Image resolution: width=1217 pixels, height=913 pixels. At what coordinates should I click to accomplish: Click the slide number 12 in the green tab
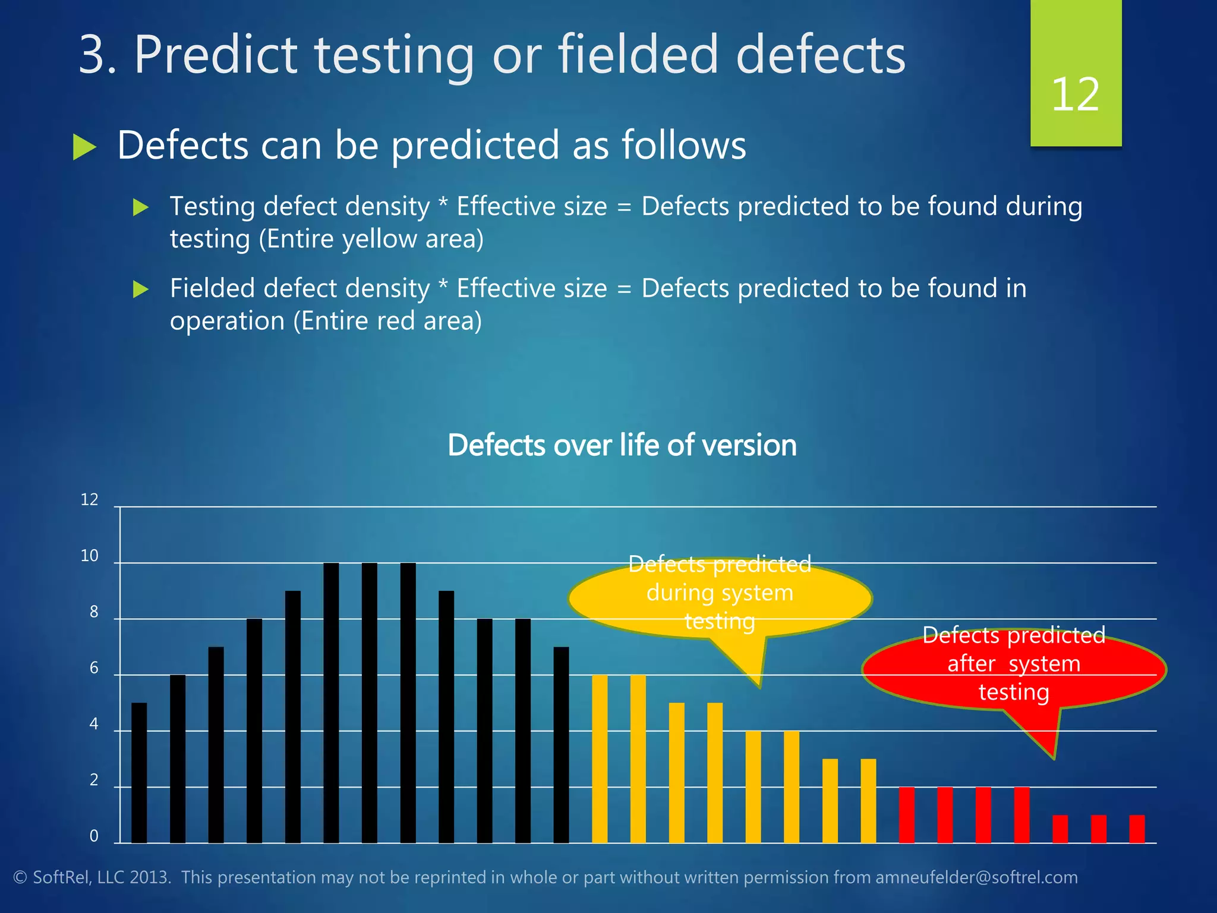point(1075,95)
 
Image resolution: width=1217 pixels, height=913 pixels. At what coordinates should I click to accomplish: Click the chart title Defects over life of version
point(622,445)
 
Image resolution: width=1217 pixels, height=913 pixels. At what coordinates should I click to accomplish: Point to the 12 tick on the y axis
point(89,500)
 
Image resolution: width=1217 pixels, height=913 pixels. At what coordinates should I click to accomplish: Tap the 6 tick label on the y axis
point(94,668)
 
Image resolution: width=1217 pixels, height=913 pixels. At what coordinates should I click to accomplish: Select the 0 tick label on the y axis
point(94,836)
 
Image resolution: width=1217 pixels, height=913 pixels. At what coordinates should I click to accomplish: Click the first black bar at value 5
point(139,773)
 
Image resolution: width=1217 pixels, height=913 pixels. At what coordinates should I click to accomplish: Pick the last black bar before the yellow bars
point(561,744)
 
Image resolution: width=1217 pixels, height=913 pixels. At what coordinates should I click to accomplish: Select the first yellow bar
point(600,758)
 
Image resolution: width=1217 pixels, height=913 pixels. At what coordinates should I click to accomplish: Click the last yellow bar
point(868,801)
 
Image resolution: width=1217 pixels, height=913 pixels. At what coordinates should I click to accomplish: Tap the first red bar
point(906,815)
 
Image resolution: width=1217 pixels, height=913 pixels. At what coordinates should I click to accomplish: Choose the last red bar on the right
point(1137,829)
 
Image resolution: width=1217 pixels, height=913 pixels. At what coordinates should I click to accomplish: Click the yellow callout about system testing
point(719,594)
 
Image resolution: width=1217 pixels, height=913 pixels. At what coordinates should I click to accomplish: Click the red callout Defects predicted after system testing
point(1013,666)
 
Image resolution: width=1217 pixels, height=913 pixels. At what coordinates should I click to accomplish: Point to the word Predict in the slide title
point(215,55)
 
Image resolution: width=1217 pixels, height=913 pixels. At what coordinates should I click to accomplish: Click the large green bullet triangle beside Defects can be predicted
point(84,147)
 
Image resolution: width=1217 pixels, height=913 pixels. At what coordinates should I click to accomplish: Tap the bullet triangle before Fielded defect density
point(140,289)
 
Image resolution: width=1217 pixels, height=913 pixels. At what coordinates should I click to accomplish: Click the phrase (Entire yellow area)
point(371,239)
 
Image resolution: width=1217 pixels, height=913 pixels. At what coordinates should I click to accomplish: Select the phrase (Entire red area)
point(387,321)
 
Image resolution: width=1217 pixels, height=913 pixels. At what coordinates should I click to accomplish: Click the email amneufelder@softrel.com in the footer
point(976,877)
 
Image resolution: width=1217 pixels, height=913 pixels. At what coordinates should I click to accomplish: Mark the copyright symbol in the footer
point(20,878)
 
